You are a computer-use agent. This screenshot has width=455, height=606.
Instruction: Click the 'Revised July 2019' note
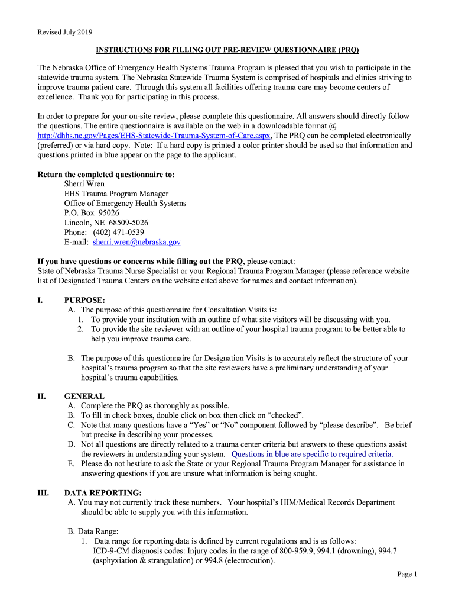coord(64,32)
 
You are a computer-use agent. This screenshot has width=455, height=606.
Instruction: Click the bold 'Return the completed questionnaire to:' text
coord(106,175)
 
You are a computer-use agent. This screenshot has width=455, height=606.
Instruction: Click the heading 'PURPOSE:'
coord(84,300)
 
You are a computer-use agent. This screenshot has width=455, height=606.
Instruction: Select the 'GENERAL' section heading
coord(84,396)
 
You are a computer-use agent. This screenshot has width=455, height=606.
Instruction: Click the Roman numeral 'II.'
coord(42,396)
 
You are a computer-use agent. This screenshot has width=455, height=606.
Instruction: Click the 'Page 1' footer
coord(407,574)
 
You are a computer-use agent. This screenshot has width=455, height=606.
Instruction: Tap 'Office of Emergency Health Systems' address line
coord(125,203)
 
